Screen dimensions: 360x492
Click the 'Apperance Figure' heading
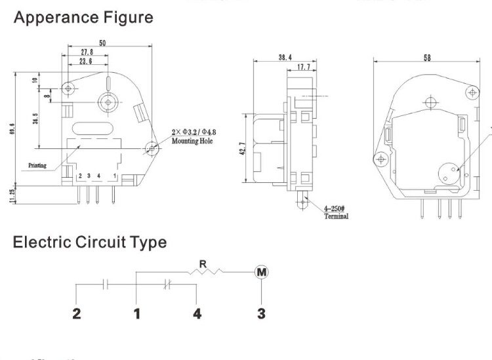pos(83,18)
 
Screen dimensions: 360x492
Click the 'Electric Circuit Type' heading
pos(90,242)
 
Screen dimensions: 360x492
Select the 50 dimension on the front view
pos(102,43)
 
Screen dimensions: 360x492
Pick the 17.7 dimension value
pos(303,67)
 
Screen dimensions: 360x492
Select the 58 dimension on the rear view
pos(427,58)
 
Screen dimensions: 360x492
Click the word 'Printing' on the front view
pos(37,165)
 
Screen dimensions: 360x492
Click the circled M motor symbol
pos(261,272)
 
